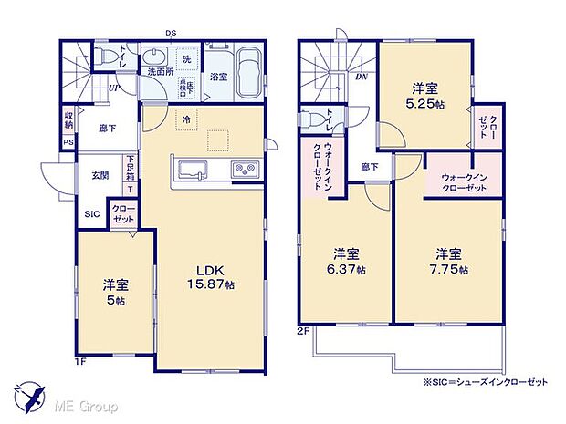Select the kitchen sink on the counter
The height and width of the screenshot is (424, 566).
tap(194, 170)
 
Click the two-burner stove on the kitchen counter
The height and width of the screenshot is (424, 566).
tap(245, 170)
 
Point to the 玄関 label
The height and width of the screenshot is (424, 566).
tap(100, 175)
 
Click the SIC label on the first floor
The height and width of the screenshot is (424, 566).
tap(92, 214)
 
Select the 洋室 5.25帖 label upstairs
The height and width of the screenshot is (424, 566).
tap(424, 96)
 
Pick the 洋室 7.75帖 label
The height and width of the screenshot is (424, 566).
tap(450, 262)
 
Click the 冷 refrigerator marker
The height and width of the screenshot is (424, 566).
tap(186, 119)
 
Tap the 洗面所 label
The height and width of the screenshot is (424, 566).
tap(156, 71)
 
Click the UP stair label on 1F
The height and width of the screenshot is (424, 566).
tap(114, 88)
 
